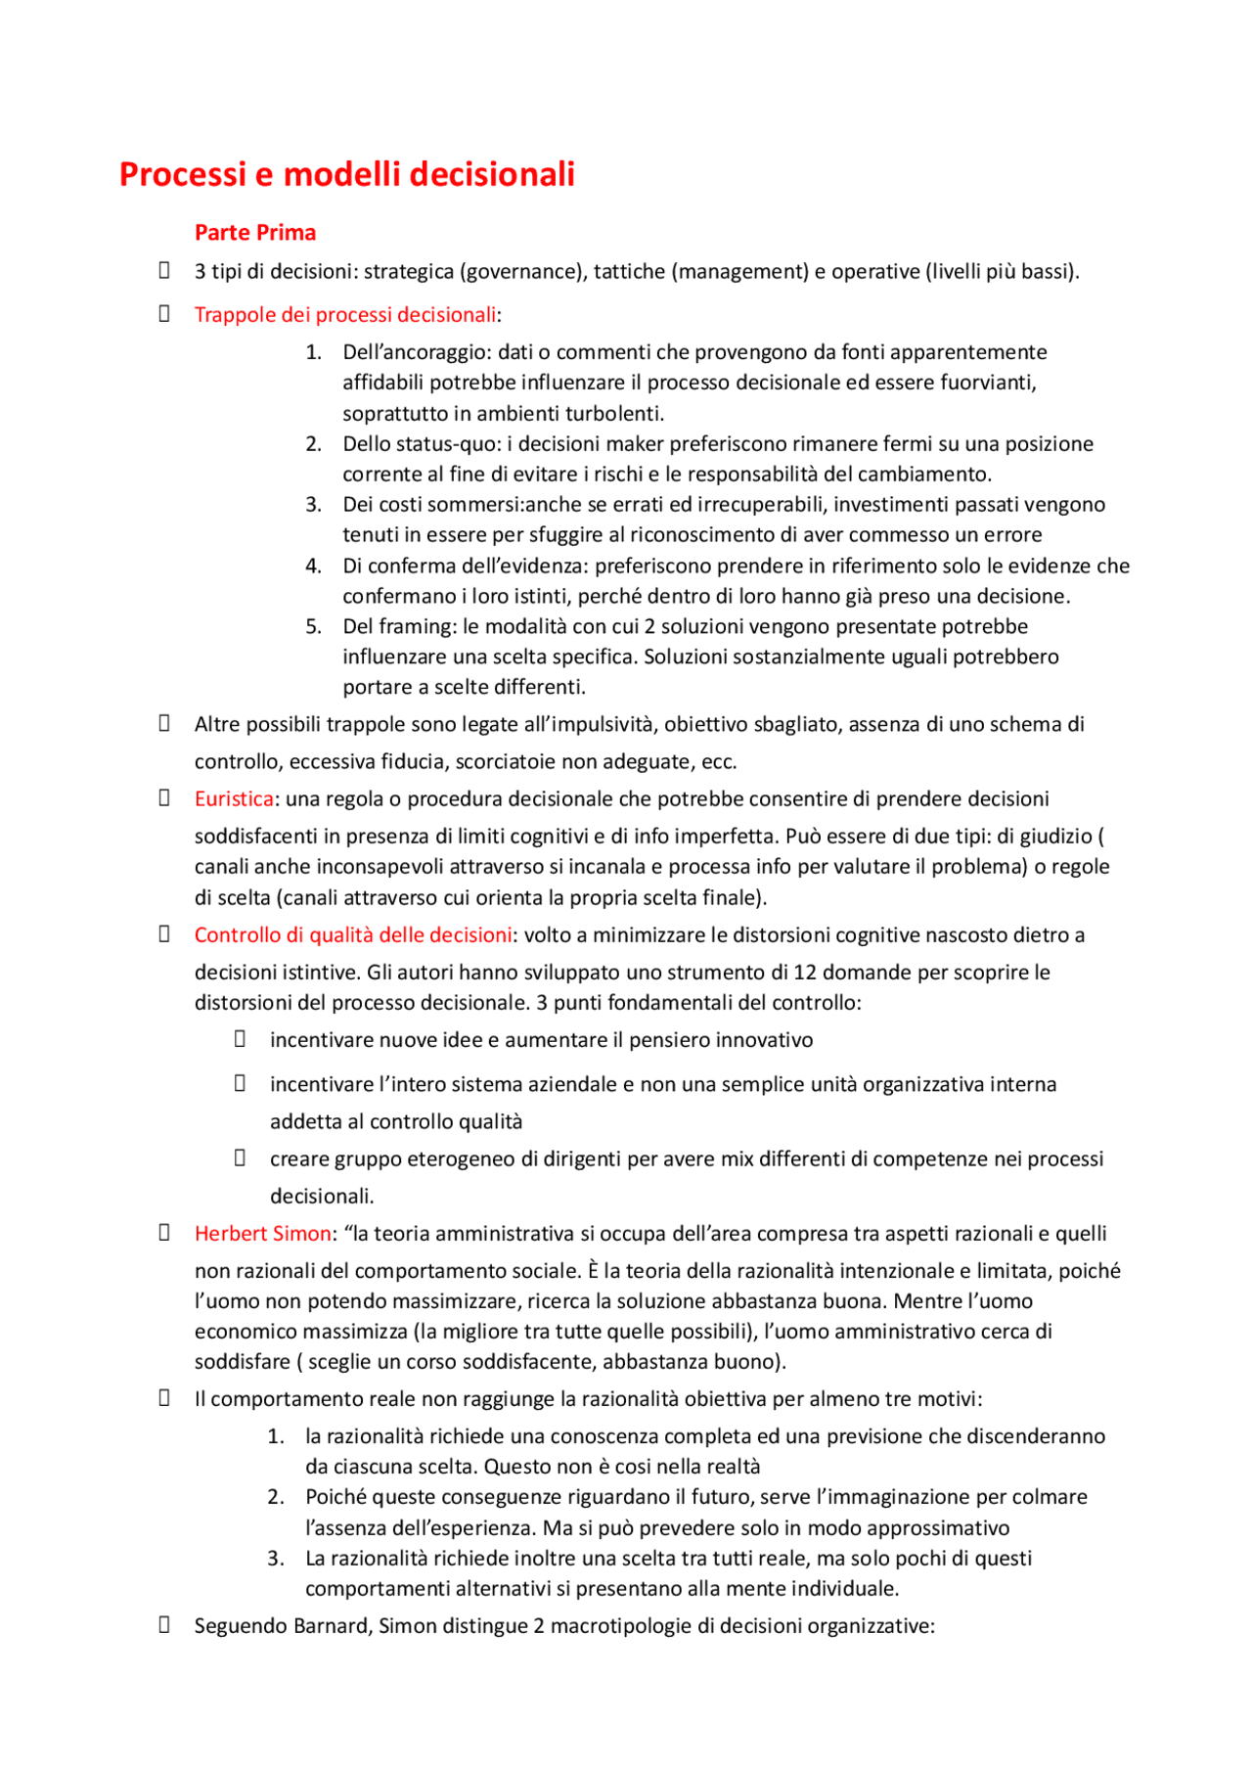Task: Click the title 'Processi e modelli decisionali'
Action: (346, 174)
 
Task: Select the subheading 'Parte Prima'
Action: (254, 233)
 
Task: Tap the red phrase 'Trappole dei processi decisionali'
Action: (344, 315)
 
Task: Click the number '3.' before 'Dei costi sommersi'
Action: (313, 505)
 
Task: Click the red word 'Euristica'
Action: (233, 799)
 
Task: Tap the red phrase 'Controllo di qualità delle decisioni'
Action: (352, 935)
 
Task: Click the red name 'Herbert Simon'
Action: (262, 1234)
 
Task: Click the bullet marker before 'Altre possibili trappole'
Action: (164, 724)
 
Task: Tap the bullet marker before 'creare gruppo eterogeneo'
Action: (240, 1158)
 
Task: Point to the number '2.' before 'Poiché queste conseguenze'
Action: (276, 1497)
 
